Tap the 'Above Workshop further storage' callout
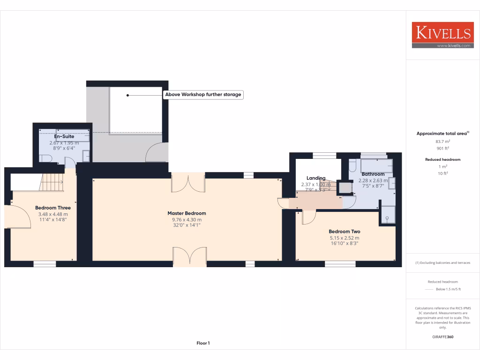click(203, 95)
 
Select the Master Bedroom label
click(187, 213)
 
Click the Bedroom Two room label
click(344, 232)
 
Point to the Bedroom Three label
click(53, 208)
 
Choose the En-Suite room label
click(64, 136)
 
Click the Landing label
click(316, 178)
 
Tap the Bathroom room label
click(373, 174)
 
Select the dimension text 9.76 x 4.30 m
click(187, 219)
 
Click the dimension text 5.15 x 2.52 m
click(344, 238)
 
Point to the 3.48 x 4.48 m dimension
click(53, 214)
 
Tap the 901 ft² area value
click(442, 148)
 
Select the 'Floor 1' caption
click(203, 344)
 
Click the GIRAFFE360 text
click(442, 337)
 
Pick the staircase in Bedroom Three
click(52, 182)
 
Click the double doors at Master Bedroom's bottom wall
click(189, 257)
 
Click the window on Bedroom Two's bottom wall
click(337, 264)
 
